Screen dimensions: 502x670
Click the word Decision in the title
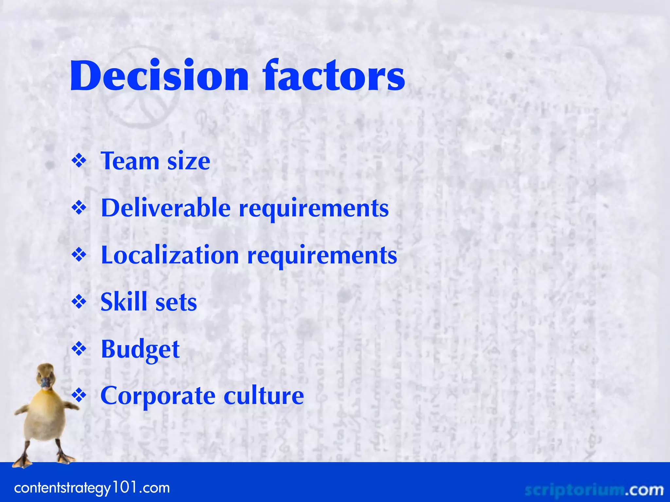159,76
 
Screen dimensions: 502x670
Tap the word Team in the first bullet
130,161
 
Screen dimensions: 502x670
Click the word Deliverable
166,208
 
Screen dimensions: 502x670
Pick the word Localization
170,255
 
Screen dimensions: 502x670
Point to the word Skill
124,302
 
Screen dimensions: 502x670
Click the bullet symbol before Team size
79,161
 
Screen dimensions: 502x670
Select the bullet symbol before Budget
79,349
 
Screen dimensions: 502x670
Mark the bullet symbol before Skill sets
79,302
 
